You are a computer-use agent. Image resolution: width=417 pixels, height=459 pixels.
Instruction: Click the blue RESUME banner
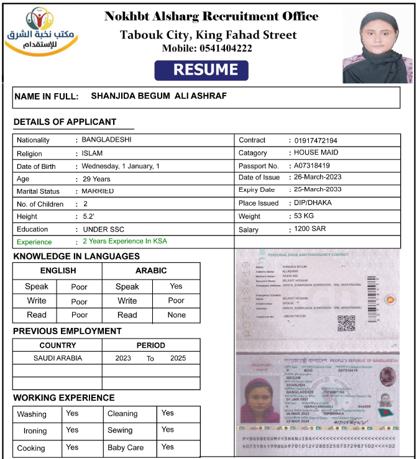click(201, 71)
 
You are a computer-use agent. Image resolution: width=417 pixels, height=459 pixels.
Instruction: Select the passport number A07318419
click(312, 166)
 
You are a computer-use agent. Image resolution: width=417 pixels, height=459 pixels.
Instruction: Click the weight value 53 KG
click(305, 216)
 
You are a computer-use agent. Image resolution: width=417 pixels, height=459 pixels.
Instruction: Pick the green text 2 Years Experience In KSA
click(125, 241)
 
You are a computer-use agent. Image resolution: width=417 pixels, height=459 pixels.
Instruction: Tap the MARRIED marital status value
click(98, 191)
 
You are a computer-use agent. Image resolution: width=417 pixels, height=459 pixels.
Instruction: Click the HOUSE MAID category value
click(316, 152)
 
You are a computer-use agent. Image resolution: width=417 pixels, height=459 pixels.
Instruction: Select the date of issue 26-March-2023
click(318, 177)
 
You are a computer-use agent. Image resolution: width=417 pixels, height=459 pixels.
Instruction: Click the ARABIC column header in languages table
click(151, 271)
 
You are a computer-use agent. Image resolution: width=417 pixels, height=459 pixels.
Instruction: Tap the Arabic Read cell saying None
click(176, 315)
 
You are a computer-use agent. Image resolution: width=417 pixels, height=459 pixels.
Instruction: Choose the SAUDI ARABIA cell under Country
click(58, 358)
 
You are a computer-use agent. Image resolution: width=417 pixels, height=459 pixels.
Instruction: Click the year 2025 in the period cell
click(178, 358)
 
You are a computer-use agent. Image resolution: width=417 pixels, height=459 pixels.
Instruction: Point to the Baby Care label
click(126, 447)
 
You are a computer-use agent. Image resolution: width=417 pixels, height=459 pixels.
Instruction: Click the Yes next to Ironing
click(72, 430)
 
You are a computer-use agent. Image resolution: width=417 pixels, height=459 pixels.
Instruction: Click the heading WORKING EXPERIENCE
click(64, 398)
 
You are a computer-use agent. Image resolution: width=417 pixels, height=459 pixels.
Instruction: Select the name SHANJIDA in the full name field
click(110, 96)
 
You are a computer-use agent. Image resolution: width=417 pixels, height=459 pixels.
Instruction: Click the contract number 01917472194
click(316, 140)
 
